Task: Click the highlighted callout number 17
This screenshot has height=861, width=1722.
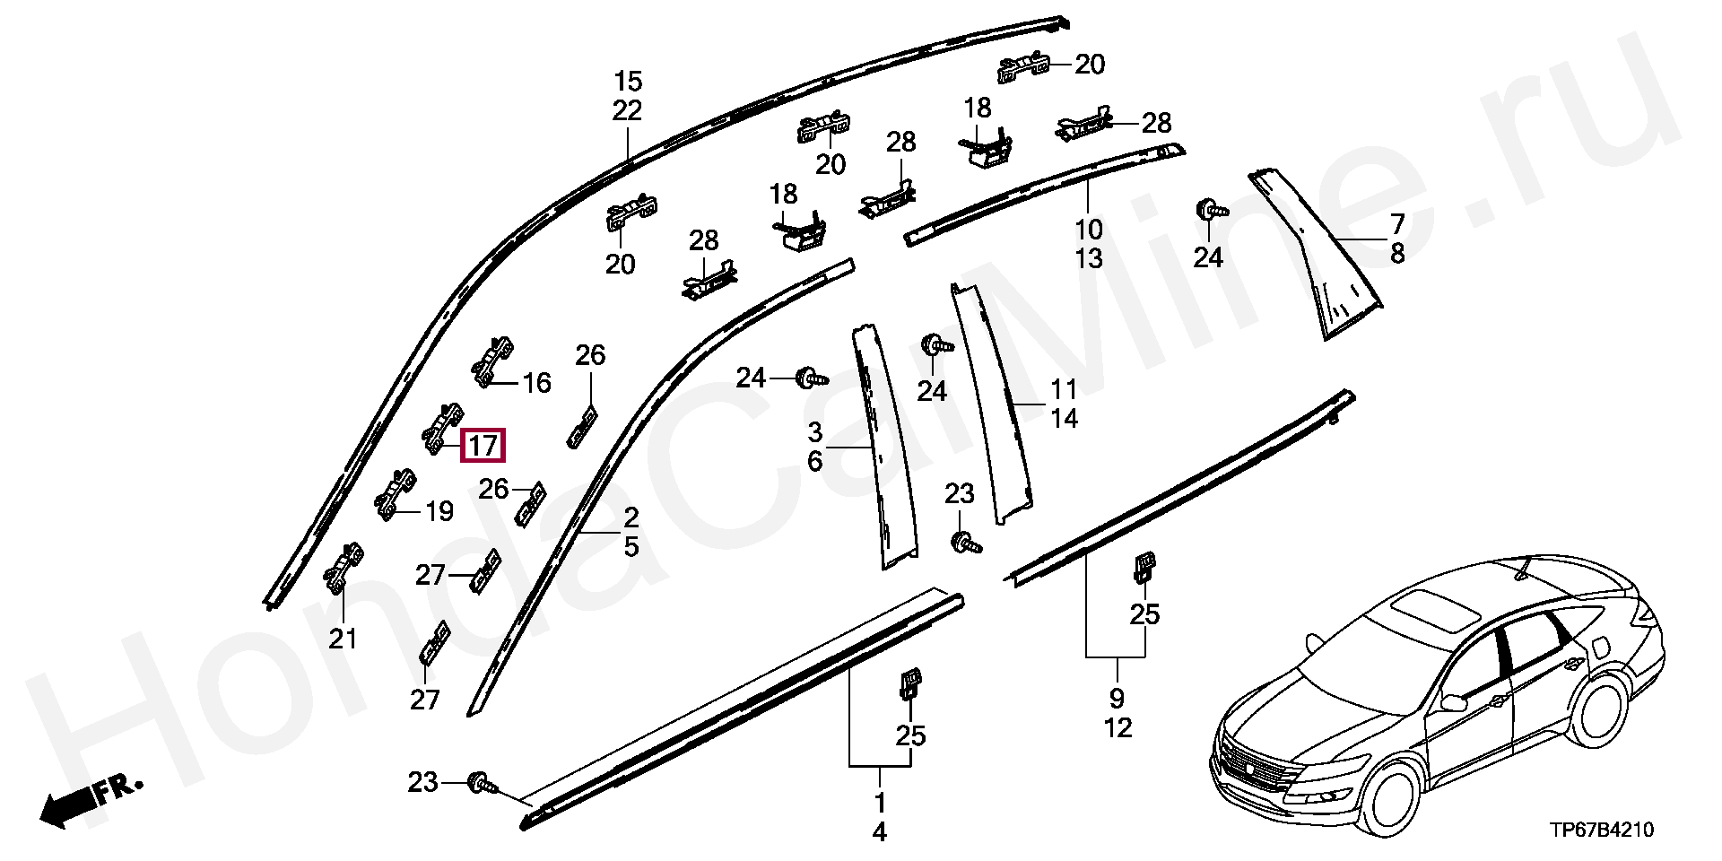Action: pyautogui.click(x=483, y=446)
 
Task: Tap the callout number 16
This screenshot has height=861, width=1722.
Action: pyautogui.click(x=536, y=384)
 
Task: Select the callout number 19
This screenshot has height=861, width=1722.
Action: pyautogui.click(x=439, y=512)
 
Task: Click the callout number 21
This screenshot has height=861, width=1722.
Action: pyautogui.click(x=343, y=639)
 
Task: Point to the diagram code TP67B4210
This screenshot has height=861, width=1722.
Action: pyautogui.click(x=1601, y=831)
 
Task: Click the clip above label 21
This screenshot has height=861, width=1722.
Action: pyautogui.click(x=343, y=569)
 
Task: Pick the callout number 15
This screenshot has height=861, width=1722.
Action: pyautogui.click(x=628, y=83)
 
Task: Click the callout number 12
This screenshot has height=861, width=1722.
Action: pyautogui.click(x=1118, y=727)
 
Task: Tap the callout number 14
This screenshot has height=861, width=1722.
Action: pyautogui.click(x=1064, y=419)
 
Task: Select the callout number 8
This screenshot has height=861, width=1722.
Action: pyautogui.click(x=1396, y=254)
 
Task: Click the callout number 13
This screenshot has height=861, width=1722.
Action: pyautogui.click(x=1089, y=259)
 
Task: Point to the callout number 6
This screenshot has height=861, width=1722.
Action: pyautogui.click(x=814, y=462)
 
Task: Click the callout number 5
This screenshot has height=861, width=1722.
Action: pyautogui.click(x=631, y=546)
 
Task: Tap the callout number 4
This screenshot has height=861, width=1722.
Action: pyautogui.click(x=879, y=832)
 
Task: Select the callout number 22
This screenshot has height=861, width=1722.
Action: pyautogui.click(x=628, y=111)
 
